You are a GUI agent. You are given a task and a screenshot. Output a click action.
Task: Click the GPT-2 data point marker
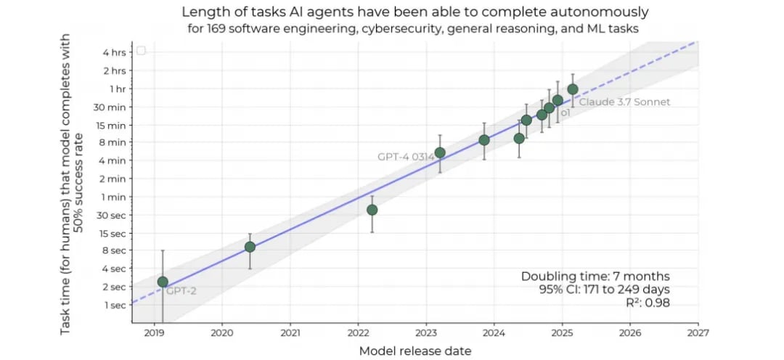tap(163, 282)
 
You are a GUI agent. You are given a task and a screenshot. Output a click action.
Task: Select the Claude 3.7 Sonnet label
tap(624, 102)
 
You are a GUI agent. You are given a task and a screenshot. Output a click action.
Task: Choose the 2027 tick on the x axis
tap(698, 333)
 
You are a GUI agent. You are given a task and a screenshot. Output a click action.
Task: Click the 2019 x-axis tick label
tap(154, 333)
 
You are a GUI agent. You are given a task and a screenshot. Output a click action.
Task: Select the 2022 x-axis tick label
tap(358, 333)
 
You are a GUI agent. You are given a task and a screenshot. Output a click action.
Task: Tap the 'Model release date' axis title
tap(415, 351)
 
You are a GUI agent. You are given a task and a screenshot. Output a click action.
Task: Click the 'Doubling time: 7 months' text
tap(595, 277)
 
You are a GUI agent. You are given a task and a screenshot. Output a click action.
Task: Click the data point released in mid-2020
tap(250, 247)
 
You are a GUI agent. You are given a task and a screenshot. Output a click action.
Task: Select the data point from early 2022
tap(372, 210)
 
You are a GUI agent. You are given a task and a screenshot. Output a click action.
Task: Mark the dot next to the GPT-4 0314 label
tap(440, 153)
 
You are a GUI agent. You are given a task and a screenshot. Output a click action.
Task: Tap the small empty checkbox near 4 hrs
tap(141, 50)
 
